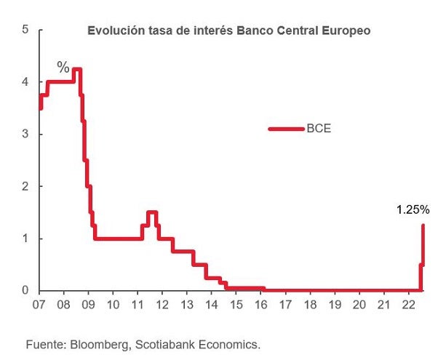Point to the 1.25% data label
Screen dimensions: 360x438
[413, 210]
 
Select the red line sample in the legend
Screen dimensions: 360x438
[285, 129]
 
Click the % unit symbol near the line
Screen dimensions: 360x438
[63, 68]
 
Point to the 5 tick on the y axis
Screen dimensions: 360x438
[25, 30]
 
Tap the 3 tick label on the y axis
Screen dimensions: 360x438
[25, 135]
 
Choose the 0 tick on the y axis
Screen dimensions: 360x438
[25, 291]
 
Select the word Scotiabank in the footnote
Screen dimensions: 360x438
[162, 343]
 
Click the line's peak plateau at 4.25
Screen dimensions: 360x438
[76, 69]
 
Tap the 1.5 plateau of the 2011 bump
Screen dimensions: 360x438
[152, 212]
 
